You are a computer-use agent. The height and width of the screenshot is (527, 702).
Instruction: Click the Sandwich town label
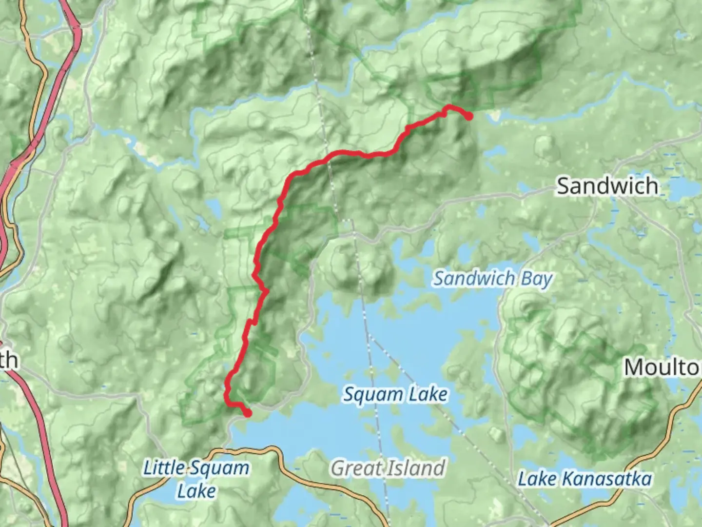607,186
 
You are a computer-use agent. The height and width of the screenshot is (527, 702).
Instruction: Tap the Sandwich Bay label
493,279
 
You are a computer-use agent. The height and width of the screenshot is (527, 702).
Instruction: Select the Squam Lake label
395,394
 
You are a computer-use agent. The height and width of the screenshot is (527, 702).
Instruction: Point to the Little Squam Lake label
196,478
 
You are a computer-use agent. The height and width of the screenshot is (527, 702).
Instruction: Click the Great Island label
388,468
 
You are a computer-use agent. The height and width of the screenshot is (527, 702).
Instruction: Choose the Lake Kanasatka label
585,479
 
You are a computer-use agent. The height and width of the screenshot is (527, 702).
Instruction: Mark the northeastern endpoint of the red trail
468,116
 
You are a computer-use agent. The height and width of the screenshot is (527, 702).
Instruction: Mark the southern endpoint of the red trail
248,413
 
